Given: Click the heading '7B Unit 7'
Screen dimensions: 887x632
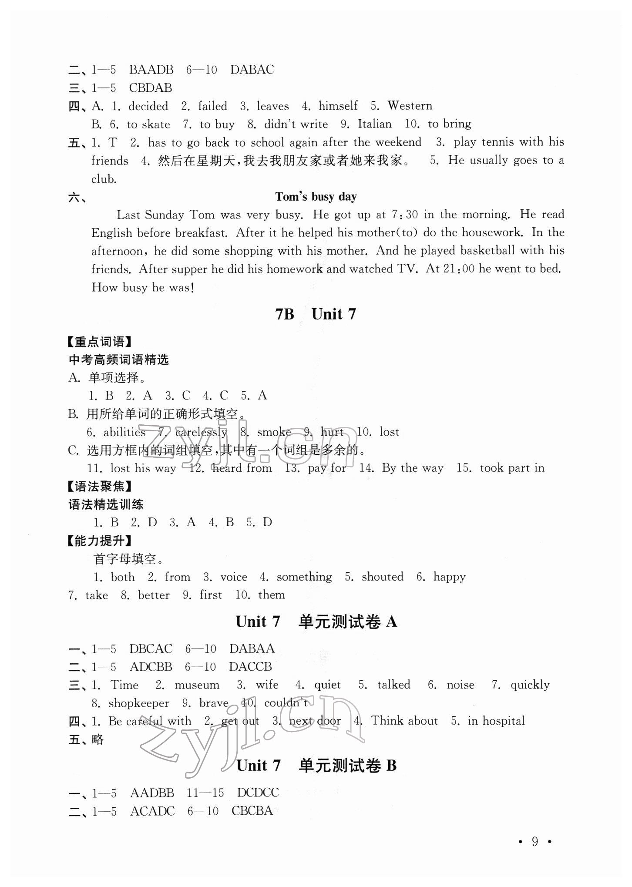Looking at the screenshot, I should pos(316,314).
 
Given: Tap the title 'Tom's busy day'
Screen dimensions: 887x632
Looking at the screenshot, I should pos(316,197).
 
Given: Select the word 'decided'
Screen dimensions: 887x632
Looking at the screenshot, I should pos(148,106).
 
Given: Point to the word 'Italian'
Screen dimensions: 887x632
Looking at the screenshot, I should pos(374,124).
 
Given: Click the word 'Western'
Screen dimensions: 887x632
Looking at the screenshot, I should pos(410,106).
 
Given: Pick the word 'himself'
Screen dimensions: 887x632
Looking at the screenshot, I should pos(338,106).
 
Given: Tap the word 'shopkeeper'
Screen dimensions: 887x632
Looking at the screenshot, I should pos(138,703).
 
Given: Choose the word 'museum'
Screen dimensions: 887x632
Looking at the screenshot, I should pos(197,685).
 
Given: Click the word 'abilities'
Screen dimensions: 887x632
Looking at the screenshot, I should pos(124,432).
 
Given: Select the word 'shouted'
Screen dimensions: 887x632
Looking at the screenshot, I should pos(382,577).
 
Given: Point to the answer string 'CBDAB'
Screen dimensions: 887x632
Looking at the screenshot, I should pos(151,88).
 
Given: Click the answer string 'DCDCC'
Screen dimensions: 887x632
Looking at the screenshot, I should pos(258,793).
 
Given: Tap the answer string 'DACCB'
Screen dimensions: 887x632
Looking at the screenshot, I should pos(251,666).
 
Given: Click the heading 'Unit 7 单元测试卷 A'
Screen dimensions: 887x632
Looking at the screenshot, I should pos(316,622).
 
